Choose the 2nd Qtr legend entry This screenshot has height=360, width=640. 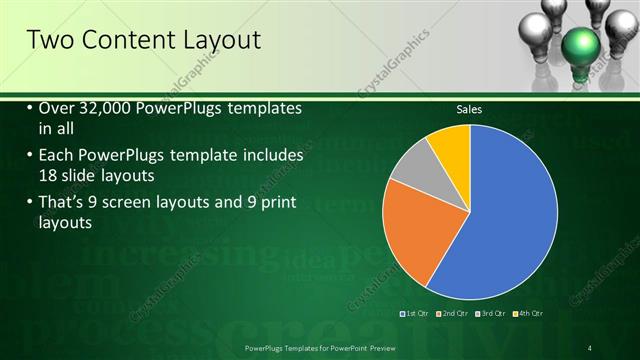pyautogui.click(x=454, y=314)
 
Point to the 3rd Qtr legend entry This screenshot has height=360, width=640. pyautogui.click(x=492, y=314)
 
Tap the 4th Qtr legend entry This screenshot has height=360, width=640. pyautogui.click(x=529, y=314)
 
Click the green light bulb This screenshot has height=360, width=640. pyautogui.click(x=580, y=45)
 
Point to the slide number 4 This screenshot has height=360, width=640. pyautogui.click(x=590, y=347)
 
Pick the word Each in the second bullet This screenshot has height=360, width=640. pyautogui.click(x=56, y=156)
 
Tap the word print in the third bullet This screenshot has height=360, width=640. pyautogui.click(x=271, y=205)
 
